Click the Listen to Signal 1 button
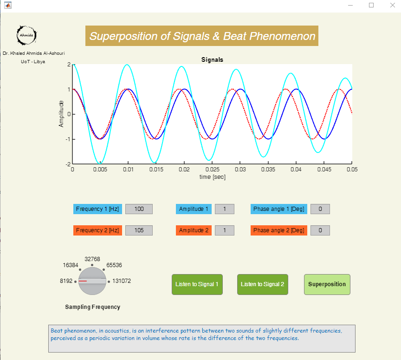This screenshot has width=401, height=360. click(197, 284)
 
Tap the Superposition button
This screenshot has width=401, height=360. click(327, 284)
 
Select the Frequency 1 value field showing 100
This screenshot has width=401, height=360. click(139, 209)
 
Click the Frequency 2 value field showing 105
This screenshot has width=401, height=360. click(139, 230)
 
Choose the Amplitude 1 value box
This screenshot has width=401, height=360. click(224, 209)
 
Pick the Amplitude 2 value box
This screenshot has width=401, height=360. click(224, 230)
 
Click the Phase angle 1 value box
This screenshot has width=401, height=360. click(320, 209)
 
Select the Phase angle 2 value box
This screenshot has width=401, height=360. click(320, 230)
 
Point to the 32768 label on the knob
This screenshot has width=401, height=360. click(92, 259)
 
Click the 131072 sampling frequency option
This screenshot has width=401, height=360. click(122, 281)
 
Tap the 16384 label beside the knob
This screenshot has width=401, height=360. click(71, 266)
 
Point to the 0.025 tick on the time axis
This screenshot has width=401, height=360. click(212, 170)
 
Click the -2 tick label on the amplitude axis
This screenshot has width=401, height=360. click(68, 164)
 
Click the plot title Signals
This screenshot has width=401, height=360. click(212, 60)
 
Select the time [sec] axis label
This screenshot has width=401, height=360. click(212, 177)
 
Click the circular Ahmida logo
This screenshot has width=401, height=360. click(26, 35)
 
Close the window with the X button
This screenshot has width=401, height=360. click(391, 5)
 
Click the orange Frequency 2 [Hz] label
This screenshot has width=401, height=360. click(97, 230)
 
